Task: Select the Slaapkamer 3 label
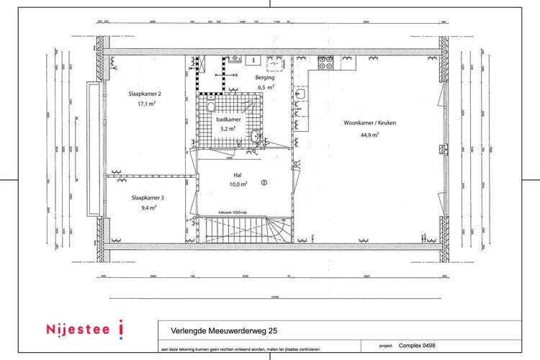coord(147,197)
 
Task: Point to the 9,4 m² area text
coord(148,207)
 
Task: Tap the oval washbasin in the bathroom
coord(256,137)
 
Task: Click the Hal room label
coord(237,175)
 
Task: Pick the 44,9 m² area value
coord(369,134)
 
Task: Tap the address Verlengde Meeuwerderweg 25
coord(223,330)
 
